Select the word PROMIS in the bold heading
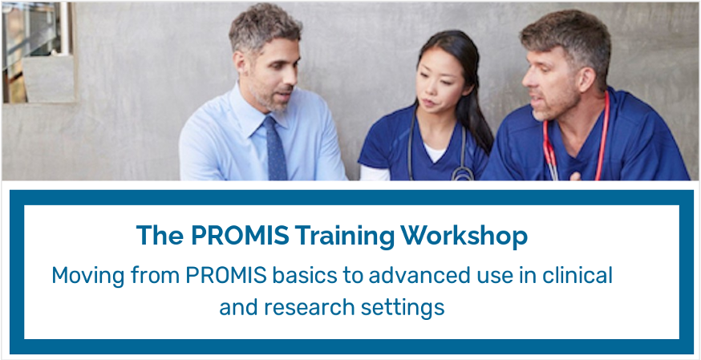(x=240, y=236)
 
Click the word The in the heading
(x=160, y=236)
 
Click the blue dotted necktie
(x=274, y=148)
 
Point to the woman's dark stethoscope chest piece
(x=462, y=174)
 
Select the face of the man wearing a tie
(x=274, y=75)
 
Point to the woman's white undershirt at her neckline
(x=434, y=152)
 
